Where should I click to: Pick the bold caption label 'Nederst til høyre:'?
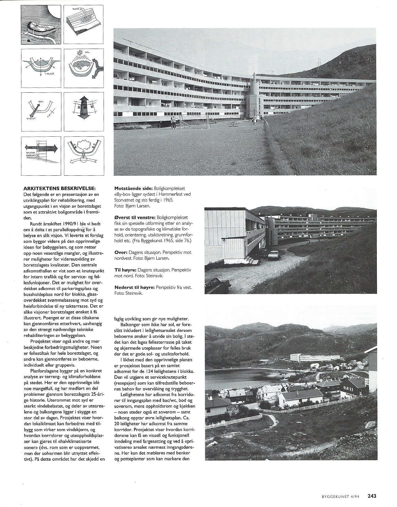pos(134,287)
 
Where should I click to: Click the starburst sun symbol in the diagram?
pos(81,51)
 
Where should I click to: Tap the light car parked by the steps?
pos(274,254)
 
